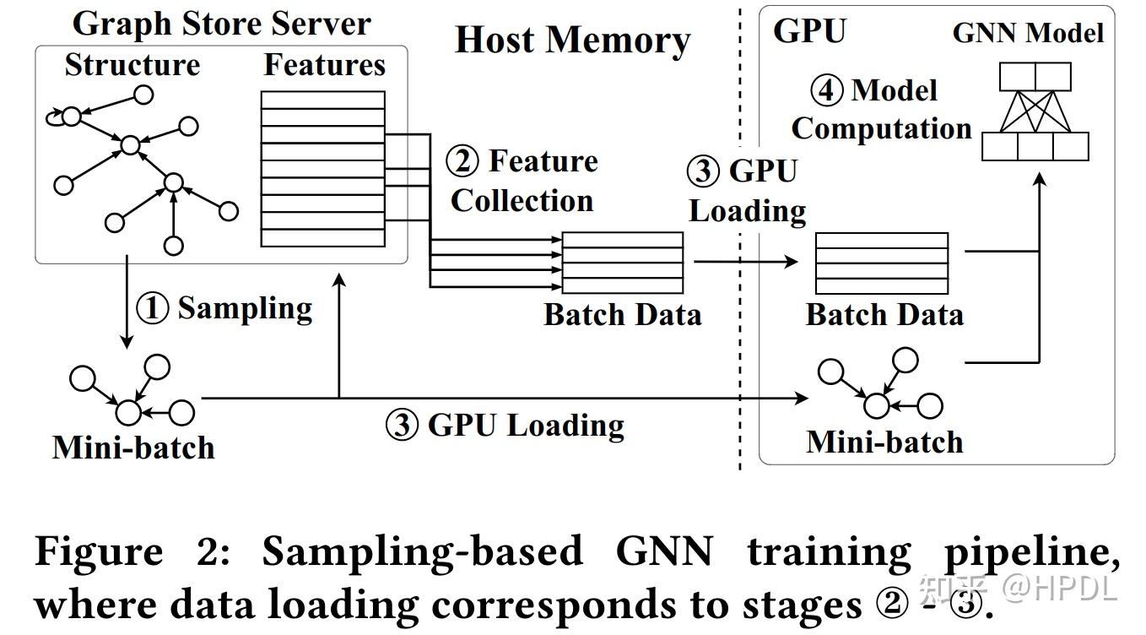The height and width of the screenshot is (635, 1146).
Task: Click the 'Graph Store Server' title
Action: (221, 24)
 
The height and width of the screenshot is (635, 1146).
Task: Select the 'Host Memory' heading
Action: (572, 41)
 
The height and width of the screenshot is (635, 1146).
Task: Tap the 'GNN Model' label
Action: (1028, 33)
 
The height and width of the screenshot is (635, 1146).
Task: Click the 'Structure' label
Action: (132, 66)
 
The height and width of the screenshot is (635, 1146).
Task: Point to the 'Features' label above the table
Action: (325, 66)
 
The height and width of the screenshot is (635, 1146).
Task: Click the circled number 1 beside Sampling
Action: (153, 309)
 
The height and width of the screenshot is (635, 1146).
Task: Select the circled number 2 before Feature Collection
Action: (462, 161)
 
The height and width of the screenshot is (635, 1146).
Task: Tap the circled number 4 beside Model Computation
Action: (827, 90)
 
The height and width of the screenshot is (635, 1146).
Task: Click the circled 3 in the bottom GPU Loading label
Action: (403, 425)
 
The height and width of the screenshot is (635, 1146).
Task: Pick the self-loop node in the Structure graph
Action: (70, 116)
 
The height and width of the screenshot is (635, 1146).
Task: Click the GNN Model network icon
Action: (1035, 111)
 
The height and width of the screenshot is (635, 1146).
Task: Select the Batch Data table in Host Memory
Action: (623, 263)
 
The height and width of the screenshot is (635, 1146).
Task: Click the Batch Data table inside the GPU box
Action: (881, 263)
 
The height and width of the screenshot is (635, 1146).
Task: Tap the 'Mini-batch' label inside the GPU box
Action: (884, 442)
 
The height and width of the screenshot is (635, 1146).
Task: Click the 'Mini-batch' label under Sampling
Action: (133, 447)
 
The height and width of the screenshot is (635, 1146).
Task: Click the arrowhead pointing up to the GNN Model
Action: (1039, 181)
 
